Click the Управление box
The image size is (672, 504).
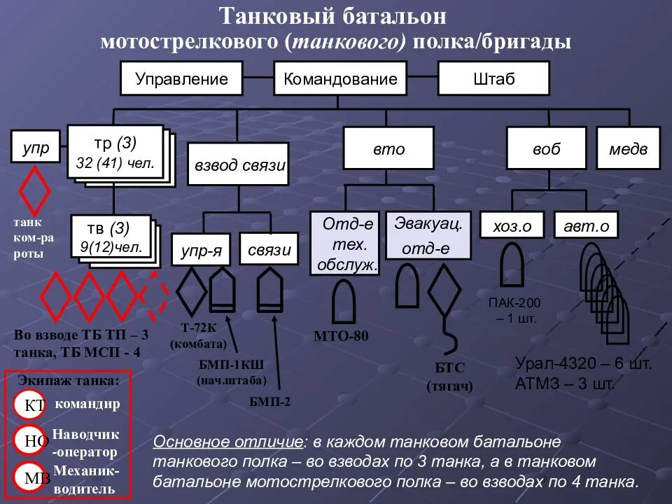pos(181,78)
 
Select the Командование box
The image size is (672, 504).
pos(340,78)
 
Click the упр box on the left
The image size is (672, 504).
pos(36,148)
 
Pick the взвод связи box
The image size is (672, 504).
pos(240,166)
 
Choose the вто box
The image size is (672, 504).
pos(388,148)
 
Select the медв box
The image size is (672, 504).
pos(628,148)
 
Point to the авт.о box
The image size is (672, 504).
pos(586,225)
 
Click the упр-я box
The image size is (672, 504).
pos(202,250)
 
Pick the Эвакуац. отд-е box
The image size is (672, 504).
pos(425,236)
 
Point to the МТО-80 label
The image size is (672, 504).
pos(342,336)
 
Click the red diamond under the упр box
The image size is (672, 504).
pos(34,191)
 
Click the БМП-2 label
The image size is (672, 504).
pos(269,401)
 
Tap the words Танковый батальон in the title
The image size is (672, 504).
pos(332,15)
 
